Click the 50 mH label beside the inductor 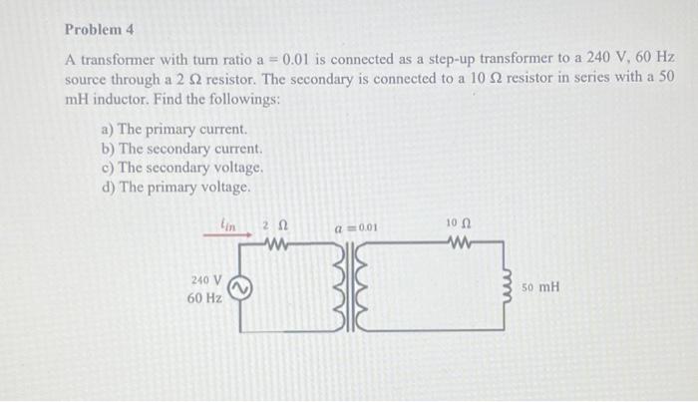pyautogui.click(x=543, y=287)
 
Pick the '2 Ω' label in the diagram pyautogui.click(x=273, y=225)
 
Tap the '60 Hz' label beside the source pyautogui.click(x=205, y=298)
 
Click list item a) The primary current pyautogui.click(x=174, y=130)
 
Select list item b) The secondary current pyautogui.click(x=180, y=149)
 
